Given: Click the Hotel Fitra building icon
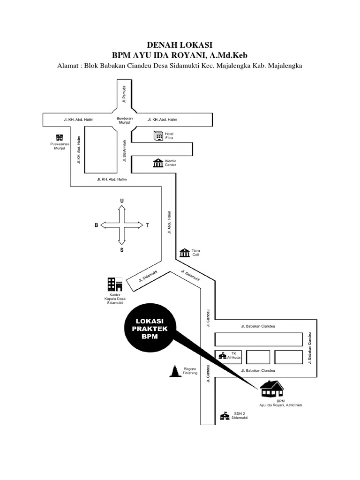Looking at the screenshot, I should [158, 136].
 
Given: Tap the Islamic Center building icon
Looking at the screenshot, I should [158, 163].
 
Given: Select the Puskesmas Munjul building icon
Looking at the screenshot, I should [59, 137].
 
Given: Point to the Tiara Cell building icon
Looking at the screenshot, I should [184, 253].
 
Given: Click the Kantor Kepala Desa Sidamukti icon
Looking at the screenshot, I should [114, 284].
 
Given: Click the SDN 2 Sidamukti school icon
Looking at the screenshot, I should [225, 416].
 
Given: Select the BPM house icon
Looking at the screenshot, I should [272, 389].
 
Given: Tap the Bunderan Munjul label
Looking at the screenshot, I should [125, 120].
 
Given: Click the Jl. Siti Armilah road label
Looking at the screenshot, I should [125, 151].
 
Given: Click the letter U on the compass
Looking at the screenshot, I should [122, 201].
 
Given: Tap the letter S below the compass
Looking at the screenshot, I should [122, 250].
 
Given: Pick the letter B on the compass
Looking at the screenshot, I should [97, 225].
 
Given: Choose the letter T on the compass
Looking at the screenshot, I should [147, 225].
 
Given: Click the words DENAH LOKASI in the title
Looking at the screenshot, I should [180, 45].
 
